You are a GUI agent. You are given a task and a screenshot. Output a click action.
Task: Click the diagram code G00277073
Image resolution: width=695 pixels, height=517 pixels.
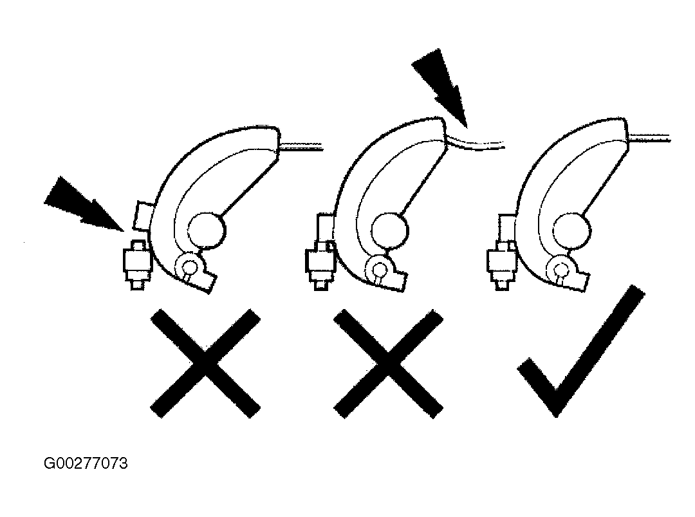[86, 464]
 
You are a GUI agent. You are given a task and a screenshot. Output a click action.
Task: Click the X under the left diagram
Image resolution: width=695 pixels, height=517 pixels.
[205, 363]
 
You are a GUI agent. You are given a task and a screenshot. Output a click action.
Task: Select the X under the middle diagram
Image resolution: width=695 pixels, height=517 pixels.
[388, 363]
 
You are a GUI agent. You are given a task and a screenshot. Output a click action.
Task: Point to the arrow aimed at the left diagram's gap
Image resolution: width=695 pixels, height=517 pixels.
[84, 204]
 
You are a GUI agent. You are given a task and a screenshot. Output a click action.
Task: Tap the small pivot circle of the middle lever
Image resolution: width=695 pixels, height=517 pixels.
[378, 268]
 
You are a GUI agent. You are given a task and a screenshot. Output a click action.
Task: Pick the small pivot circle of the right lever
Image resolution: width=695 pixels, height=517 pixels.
[561, 268]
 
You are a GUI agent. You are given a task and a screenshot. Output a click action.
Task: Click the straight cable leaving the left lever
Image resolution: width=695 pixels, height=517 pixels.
[301, 146]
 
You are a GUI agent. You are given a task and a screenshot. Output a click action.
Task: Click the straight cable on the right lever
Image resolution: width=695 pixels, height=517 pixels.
[649, 138]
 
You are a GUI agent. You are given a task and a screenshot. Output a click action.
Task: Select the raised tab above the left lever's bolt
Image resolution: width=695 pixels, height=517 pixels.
[144, 216]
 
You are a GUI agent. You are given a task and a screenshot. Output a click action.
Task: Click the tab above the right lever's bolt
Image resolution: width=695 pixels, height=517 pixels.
[506, 229]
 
